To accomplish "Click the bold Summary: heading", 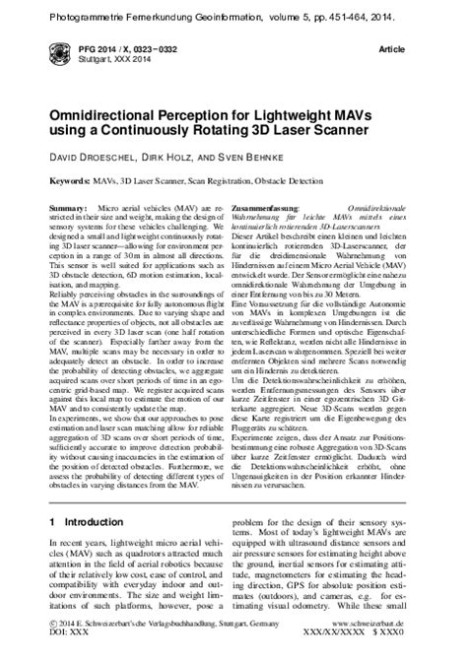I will click(x=67, y=210).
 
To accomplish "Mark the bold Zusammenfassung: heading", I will click(x=266, y=210).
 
